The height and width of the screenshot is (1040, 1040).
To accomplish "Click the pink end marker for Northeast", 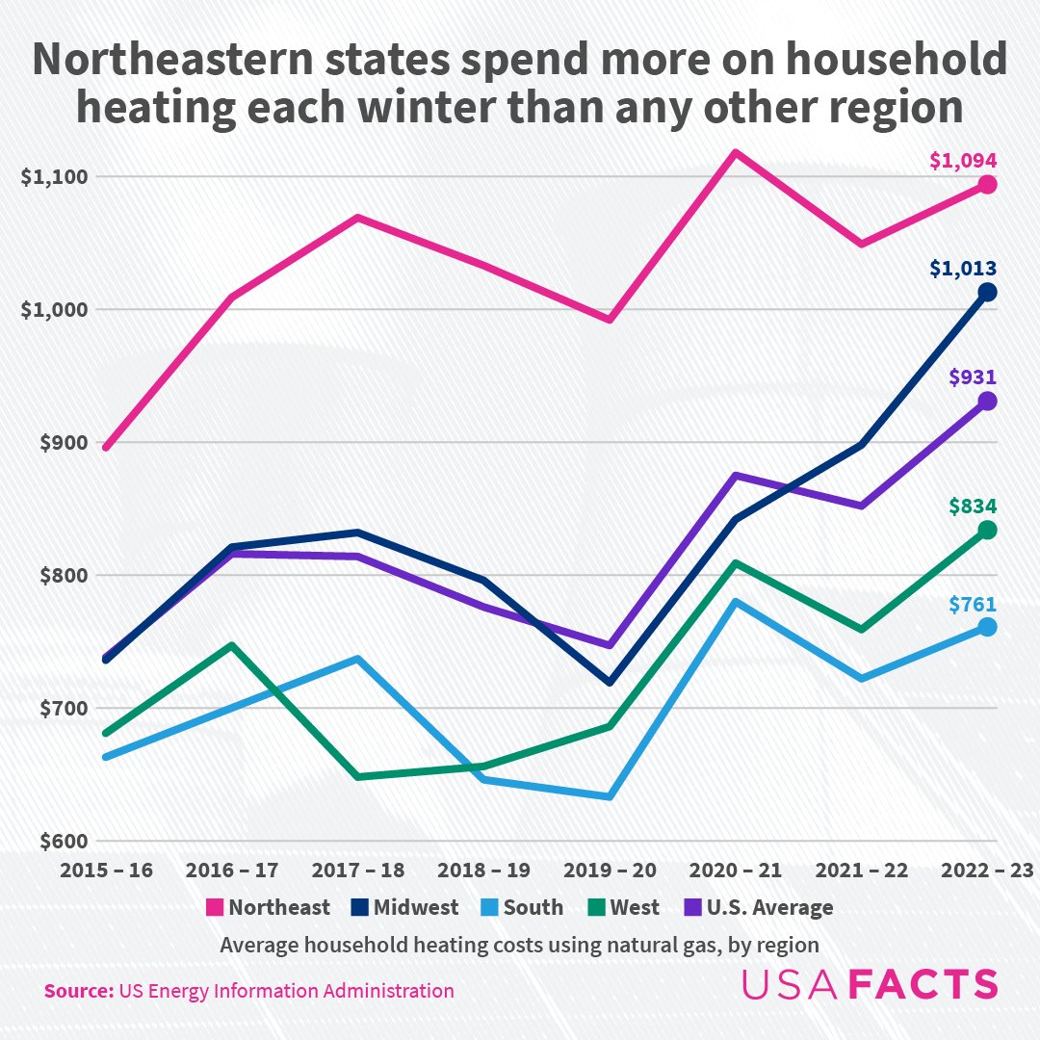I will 987,185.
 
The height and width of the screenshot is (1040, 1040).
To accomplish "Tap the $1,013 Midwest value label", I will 962,269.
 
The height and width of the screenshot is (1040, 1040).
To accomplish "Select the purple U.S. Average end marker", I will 987,402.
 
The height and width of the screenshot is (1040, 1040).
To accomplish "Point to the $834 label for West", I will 972,507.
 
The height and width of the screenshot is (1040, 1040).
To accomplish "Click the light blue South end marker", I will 987,627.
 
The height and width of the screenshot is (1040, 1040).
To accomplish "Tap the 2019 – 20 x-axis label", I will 611,871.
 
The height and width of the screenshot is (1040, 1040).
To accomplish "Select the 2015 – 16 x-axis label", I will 106,871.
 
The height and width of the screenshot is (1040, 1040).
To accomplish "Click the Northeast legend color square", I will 215,907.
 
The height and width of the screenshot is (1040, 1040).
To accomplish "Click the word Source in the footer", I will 76,991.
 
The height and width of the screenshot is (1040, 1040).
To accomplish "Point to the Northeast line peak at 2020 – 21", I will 736,152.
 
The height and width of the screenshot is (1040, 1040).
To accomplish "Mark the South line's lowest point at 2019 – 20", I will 610,796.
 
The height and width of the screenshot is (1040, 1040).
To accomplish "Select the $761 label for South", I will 972,605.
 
